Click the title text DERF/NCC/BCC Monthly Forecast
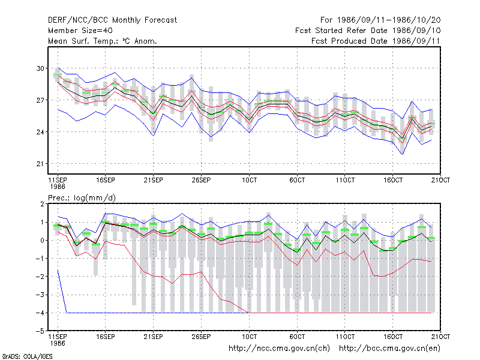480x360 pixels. (112, 20)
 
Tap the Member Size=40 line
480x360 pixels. (80, 31)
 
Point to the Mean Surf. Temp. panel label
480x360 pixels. (103, 41)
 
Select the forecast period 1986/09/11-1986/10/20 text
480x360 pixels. (380, 20)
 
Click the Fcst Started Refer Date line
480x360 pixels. (368, 31)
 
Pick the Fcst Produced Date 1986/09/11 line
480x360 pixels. (376, 41)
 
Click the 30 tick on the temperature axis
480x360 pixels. (40, 68)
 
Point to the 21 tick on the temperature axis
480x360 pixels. (40, 164)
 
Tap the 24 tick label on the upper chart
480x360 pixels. (40, 132)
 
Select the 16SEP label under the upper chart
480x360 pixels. (106, 180)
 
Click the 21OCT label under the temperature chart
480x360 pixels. (440, 180)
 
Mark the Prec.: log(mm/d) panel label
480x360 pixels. (82, 198)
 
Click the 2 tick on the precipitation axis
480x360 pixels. (42, 204)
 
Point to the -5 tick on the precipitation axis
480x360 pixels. (40, 331)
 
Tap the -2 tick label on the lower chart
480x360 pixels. (40, 277)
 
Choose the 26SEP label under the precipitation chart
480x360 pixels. (201, 337)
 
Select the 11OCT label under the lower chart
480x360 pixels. (345, 337)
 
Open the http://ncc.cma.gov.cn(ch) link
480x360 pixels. (279, 349)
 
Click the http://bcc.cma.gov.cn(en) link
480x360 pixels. (389, 349)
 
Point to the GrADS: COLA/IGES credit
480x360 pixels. (27, 356)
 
